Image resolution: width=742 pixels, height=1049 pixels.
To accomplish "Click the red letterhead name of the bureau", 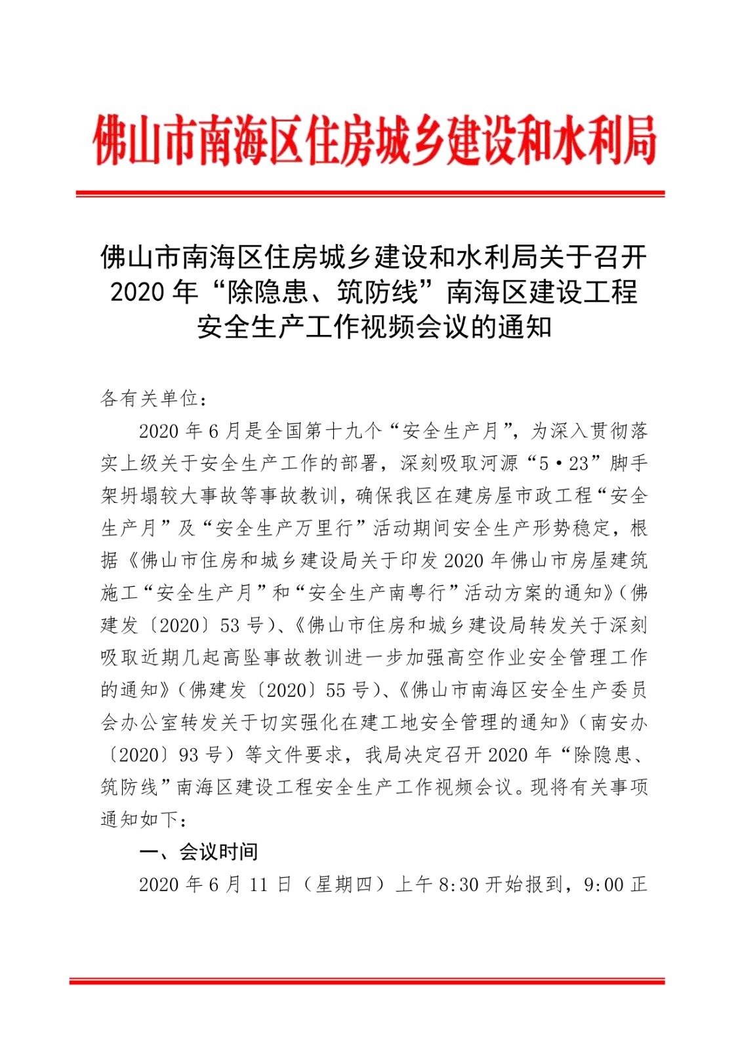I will coord(374,141).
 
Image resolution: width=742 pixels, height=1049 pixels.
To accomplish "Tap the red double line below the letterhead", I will coord(371,194).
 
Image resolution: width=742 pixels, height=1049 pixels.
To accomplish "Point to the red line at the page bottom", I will coord(367,981).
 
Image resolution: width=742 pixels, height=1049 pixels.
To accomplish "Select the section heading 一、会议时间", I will coord(199,852).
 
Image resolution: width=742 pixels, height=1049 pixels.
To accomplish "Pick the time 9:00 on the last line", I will coord(603,884).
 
